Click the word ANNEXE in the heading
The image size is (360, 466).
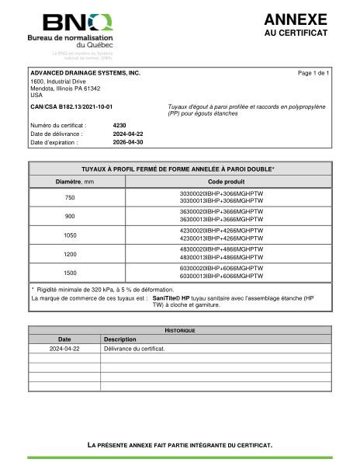296,19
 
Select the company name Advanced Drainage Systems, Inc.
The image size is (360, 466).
85,72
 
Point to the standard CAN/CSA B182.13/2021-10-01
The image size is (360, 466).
71,106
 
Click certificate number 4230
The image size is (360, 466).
119,124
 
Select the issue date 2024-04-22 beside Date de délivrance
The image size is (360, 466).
128,134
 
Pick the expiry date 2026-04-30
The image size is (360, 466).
128,143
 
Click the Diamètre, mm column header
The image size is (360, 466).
70,181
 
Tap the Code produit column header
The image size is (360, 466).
221,181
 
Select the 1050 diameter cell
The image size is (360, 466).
70,235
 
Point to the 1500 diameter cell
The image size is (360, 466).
70,273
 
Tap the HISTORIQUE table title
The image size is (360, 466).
179,330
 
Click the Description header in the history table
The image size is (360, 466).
120,339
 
